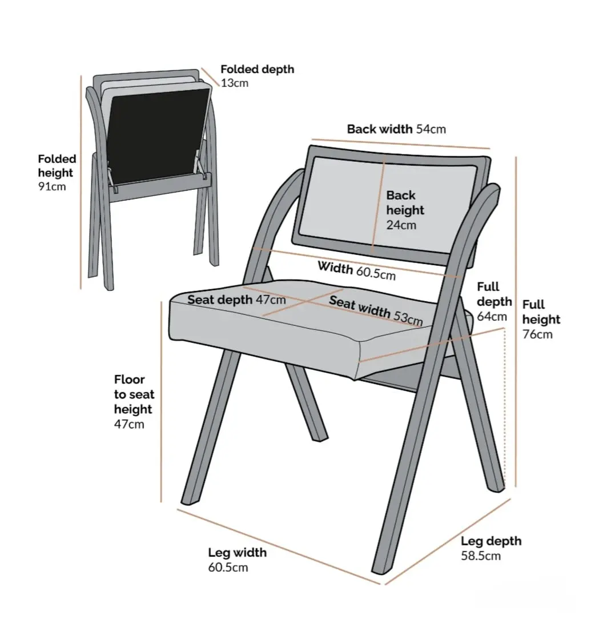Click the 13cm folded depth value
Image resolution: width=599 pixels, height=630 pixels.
click(234, 83)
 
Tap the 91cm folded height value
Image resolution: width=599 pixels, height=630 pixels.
click(52, 186)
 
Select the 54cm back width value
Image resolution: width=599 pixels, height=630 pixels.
click(431, 129)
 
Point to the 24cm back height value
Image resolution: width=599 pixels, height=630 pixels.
click(401, 225)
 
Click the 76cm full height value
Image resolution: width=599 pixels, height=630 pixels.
click(537, 334)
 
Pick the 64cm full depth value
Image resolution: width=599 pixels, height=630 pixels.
click(492, 317)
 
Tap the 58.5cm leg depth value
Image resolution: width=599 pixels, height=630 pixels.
click(481, 556)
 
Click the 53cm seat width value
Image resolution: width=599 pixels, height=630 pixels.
click(408, 317)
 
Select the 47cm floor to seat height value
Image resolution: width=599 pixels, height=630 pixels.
click(129, 424)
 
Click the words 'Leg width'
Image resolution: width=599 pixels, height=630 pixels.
click(237, 552)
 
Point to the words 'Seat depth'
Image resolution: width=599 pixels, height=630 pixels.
click(220, 300)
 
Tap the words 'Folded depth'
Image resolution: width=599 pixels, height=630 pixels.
click(257, 69)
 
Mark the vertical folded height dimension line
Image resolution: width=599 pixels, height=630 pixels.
click(81, 182)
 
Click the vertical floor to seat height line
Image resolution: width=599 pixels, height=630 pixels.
click(161, 402)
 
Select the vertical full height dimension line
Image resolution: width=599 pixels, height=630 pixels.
click(516, 321)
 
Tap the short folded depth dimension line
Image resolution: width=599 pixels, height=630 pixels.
click(210, 77)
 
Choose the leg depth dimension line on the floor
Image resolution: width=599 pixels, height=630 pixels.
click(448, 541)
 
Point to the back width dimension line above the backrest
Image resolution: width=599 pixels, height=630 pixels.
click(401, 144)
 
